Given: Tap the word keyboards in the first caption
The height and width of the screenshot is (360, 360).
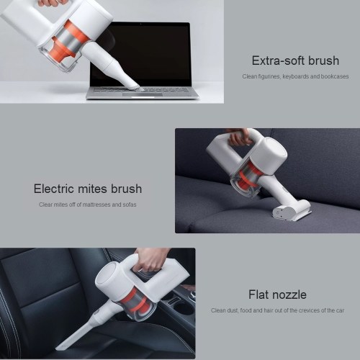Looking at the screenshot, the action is click(x=295, y=76).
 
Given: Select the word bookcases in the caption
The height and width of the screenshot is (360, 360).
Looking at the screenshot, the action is click(x=335, y=76).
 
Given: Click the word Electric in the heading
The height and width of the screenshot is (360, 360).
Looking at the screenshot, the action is click(x=53, y=189).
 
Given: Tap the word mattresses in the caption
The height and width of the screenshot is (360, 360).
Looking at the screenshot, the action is click(x=96, y=204).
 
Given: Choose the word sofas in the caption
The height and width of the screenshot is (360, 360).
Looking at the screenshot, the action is click(x=130, y=204).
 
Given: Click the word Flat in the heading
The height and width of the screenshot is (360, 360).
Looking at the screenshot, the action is click(x=258, y=294).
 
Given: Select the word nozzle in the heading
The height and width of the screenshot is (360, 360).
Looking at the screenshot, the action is click(x=289, y=294).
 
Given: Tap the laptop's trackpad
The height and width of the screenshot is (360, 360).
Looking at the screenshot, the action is click(x=143, y=95).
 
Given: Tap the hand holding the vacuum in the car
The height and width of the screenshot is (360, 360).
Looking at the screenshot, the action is click(x=149, y=261).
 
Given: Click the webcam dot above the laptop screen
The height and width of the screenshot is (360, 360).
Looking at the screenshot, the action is click(x=141, y=24).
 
